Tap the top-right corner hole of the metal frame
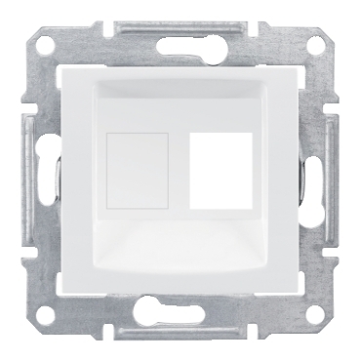317,43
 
